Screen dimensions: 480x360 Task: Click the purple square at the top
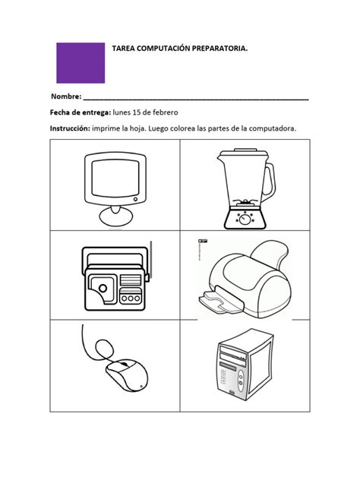(x=81, y=62)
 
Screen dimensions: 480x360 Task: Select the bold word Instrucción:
(x=70, y=128)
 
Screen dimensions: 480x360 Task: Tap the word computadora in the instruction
(x=273, y=128)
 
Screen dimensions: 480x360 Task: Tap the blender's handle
(x=268, y=180)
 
